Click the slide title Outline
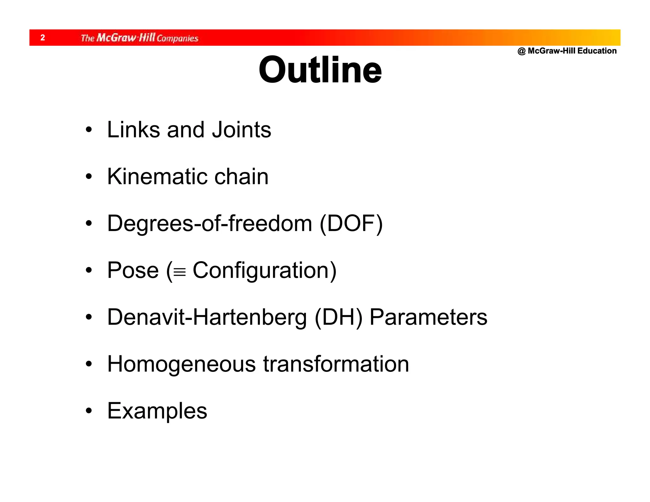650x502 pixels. point(320,70)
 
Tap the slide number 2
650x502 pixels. point(43,38)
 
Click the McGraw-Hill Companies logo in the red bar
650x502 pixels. point(139,38)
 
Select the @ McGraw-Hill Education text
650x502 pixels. point(567,51)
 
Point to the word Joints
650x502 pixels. point(242,130)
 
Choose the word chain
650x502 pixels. point(241,176)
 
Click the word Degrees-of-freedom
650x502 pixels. point(209,223)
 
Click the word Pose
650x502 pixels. point(133,270)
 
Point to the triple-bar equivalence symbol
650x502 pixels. point(180,272)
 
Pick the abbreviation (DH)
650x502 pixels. point(338,318)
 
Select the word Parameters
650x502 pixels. point(428,317)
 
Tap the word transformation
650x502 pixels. point(336,364)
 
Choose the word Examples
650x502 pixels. point(157,411)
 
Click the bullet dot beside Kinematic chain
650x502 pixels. point(89,177)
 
